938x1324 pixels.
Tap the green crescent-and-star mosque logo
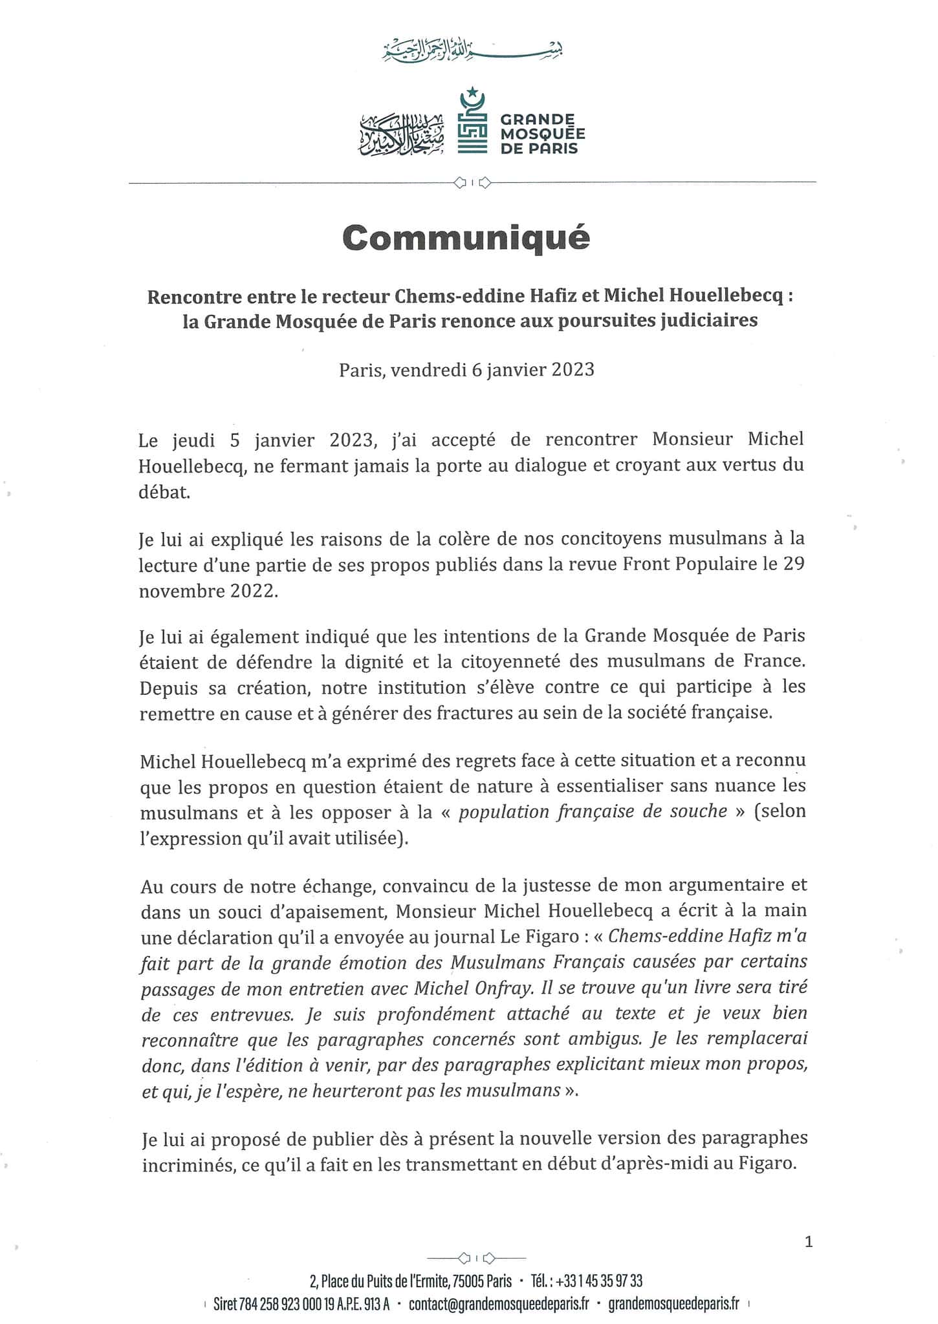tap(473, 122)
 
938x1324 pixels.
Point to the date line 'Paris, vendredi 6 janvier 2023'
tap(466, 370)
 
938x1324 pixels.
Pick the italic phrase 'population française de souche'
tap(593, 811)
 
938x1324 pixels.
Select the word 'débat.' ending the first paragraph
tap(165, 493)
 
